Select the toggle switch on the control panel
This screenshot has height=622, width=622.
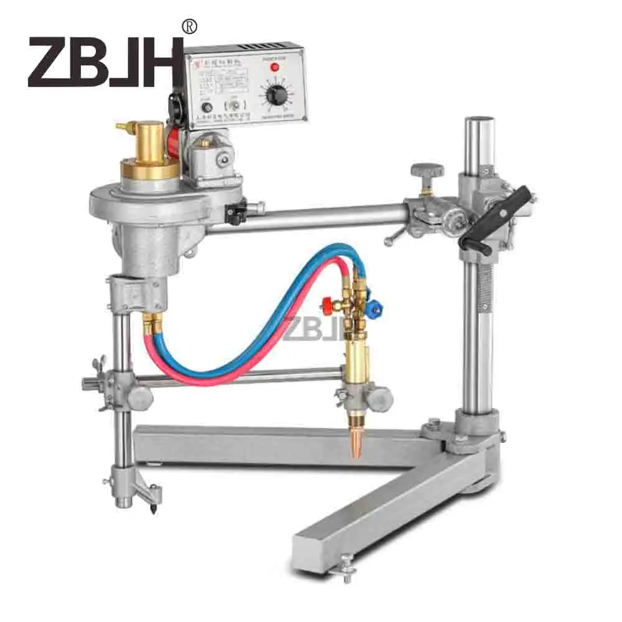point(234,107)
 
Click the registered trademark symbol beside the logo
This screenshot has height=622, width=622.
point(188,27)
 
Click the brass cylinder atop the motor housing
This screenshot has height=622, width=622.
point(149,143)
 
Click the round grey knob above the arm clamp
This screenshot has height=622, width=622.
point(427,170)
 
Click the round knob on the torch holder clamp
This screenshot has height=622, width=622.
point(379,396)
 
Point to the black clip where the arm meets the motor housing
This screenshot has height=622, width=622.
point(236,213)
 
